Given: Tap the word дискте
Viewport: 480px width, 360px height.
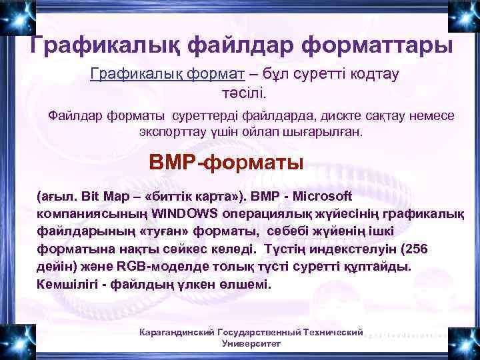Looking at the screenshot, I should [324, 115].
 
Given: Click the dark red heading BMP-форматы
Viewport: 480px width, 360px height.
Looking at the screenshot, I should [227, 162].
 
